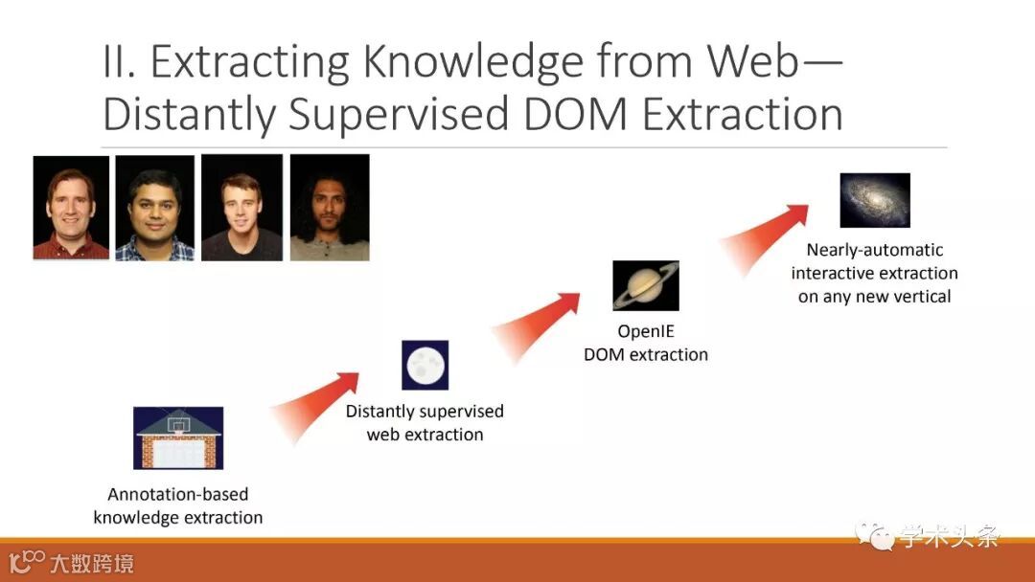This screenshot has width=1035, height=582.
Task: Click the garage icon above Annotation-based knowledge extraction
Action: [x=178, y=437]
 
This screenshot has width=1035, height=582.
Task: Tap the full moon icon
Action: [x=425, y=365]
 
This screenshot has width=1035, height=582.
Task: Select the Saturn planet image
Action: [x=646, y=285]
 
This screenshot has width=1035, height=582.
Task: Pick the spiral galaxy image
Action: [x=874, y=200]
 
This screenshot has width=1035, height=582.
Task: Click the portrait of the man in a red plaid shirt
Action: [x=71, y=208]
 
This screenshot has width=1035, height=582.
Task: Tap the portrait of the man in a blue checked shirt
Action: [x=155, y=208]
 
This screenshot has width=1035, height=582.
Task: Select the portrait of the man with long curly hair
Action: [x=330, y=208]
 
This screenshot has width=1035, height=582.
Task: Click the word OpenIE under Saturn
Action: [x=646, y=331]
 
